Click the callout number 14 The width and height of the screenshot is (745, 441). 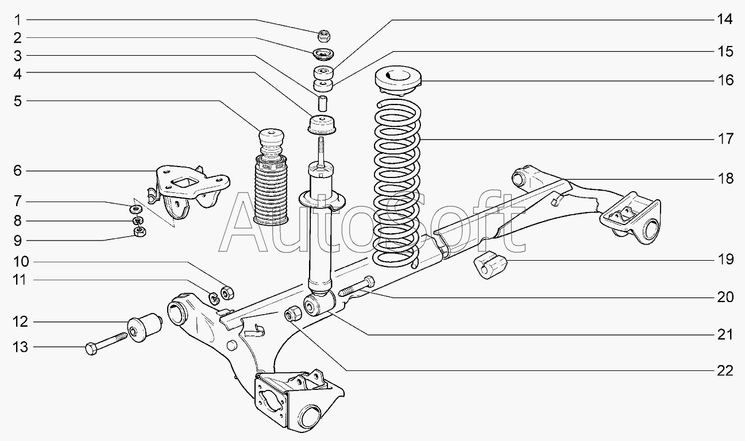pyautogui.click(x=725, y=20)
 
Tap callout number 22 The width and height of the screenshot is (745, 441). pyautogui.click(x=725, y=371)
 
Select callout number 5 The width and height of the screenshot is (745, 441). pyautogui.click(x=18, y=100)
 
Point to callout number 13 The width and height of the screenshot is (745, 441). pyautogui.click(x=20, y=347)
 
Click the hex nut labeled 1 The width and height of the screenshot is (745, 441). pyautogui.click(x=323, y=36)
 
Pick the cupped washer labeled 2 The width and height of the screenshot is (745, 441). pyautogui.click(x=323, y=55)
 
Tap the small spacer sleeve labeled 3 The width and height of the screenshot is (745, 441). pyautogui.click(x=322, y=103)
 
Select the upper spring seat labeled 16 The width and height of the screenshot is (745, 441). pyautogui.click(x=398, y=80)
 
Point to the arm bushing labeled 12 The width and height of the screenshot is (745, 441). pyautogui.click(x=145, y=327)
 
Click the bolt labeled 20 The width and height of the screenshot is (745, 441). pyautogui.click(x=357, y=286)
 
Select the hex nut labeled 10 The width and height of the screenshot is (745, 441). pyautogui.click(x=227, y=292)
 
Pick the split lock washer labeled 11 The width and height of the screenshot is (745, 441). pyautogui.click(x=214, y=298)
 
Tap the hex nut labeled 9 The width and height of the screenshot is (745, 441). pyautogui.click(x=140, y=231)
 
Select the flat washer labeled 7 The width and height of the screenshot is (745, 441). pyautogui.click(x=136, y=209)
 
